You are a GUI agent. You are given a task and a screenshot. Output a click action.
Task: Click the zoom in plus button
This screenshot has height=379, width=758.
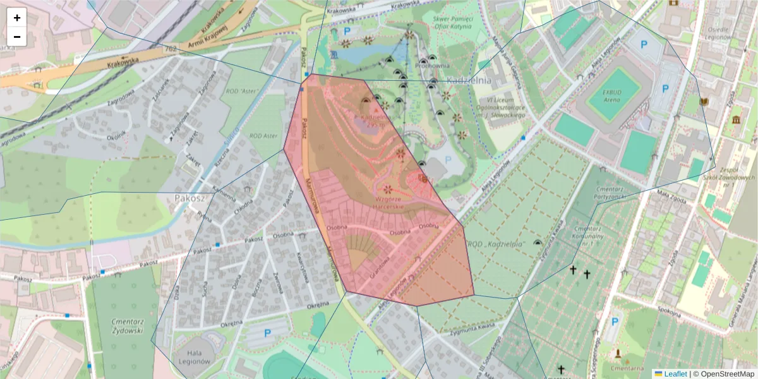[17, 18]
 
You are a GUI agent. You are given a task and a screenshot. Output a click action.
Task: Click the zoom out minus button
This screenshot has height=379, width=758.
[17, 37]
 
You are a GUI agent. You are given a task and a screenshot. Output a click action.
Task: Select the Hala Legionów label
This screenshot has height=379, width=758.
[195, 358]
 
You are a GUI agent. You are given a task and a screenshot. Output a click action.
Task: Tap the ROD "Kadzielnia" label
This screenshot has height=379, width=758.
[496, 244]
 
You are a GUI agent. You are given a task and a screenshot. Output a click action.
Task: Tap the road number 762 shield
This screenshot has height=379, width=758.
[169, 49]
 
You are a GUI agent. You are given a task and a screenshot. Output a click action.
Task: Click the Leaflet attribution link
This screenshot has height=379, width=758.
[675, 374]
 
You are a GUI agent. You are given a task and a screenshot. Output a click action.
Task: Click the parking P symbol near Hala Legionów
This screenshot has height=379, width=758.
[267, 333]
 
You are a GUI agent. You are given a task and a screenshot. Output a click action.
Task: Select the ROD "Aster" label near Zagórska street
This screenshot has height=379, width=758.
[243, 91]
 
